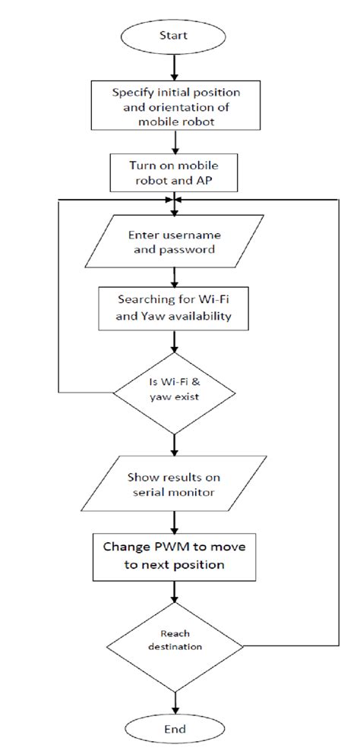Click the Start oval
[175, 35]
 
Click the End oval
[175, 728]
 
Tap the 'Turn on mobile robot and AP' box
[175, 172]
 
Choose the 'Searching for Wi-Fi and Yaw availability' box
[175, 308]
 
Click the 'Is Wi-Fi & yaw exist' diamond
[175, 393]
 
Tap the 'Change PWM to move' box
[175, 556]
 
